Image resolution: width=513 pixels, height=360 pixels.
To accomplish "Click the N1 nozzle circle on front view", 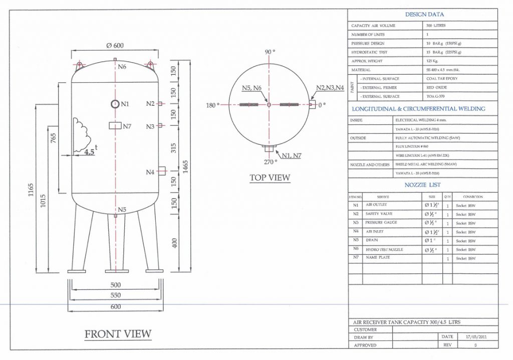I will pos(115,104).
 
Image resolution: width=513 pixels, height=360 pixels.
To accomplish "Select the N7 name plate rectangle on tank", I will pos(116,125).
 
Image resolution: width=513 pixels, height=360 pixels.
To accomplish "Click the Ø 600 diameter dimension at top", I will pos(115,46).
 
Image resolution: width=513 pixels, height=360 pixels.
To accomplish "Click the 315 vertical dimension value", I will pos(174,148).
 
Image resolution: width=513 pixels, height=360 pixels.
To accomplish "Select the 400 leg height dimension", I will pos(174,243).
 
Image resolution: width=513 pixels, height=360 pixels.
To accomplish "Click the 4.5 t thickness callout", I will pos(90,151).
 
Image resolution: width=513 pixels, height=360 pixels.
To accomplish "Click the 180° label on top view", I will pos(213,105).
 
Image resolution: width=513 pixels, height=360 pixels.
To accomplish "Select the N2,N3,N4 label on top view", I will pos(330,88).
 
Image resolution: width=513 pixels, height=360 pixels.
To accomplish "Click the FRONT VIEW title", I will pos(118,334).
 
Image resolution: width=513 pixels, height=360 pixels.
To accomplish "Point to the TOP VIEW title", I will pos(270,177).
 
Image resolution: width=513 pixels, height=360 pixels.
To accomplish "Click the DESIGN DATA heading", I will pos(424,15).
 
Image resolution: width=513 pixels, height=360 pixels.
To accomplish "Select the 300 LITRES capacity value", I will pos(436,26).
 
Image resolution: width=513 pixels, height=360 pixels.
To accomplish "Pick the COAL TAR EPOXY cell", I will pos(441,79).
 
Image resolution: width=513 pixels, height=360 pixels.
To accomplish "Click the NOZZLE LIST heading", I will pos(423,185).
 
